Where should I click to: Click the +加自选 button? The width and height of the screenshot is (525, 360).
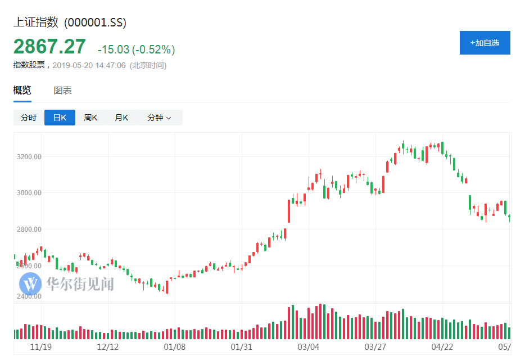click(x=485, y=43)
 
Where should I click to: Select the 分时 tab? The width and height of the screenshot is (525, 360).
click(x=29, y=118)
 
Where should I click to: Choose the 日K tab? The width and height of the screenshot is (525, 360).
click(x=60, y=118)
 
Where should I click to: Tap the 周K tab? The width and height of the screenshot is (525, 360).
click(x=90, y=118)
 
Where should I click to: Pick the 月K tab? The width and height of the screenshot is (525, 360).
click(x=121, y=118)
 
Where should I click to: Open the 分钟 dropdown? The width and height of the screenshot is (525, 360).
click(x=159, y=118)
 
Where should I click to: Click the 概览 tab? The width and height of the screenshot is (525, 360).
click(x=22, y=91)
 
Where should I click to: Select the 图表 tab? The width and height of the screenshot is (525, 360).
click(x=62, y=91)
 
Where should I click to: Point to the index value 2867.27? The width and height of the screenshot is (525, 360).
click(x=49, y=47)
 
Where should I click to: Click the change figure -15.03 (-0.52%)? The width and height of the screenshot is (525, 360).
click(x=136, y=49)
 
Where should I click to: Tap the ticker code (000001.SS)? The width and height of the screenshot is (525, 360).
click(x=95, y=22)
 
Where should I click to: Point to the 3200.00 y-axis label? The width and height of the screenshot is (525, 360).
click(x=29, y=156)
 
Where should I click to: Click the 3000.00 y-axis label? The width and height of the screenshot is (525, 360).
click(x=29, y=193)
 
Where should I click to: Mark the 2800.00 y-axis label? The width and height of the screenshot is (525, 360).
click(x=29, y=229)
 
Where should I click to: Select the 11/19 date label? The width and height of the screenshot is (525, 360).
click(x=40, y=346)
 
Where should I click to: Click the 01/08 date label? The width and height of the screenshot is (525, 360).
click(x=175, y=346)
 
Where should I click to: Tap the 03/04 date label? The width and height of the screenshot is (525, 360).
click(x=309, y=346)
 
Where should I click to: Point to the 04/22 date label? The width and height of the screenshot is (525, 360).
click(x=442, y=346)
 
